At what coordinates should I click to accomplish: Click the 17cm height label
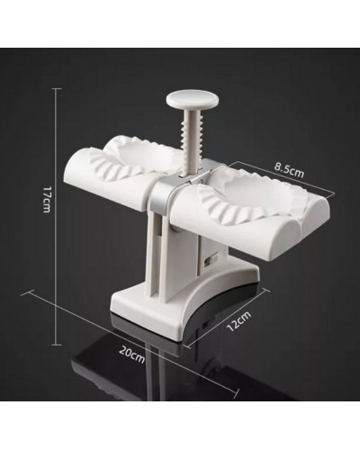tap(46, 199)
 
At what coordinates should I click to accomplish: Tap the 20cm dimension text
tap(132, 354)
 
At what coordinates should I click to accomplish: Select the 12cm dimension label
tap(238, 321)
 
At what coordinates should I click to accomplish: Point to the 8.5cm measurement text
tap(290, 171)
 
